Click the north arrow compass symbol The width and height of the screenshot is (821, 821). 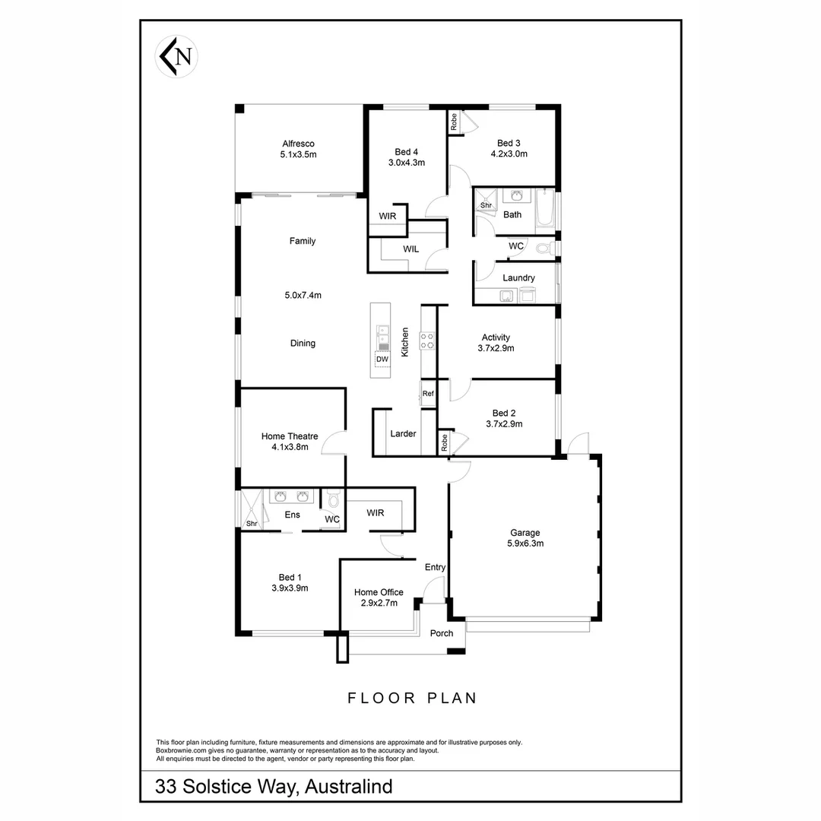point(177,57)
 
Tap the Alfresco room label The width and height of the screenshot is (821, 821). point(298,144)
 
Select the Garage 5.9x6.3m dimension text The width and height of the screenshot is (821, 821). point(525,544)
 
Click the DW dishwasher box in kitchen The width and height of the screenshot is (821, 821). point(382,359)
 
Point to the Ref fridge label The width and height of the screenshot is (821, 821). point(428,394)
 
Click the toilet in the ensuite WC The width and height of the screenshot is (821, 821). point(333,499)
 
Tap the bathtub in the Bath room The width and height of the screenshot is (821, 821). point(544,210)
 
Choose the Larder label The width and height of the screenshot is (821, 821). point(403,434)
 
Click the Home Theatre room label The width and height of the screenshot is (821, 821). point(290,436)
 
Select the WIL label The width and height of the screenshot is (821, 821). point(410,249)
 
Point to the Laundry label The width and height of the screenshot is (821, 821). point(518,278)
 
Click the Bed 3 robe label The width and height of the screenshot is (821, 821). point(454,122)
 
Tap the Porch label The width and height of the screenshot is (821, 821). point(442,633)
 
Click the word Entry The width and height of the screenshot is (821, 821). point(436,567)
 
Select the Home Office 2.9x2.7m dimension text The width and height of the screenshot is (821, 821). point(379,603)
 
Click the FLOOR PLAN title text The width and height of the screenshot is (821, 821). point(412,698)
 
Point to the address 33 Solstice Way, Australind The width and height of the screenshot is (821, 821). point(274,785)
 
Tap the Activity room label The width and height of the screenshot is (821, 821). point(496,338)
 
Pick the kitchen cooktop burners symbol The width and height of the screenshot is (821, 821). point(428,340)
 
